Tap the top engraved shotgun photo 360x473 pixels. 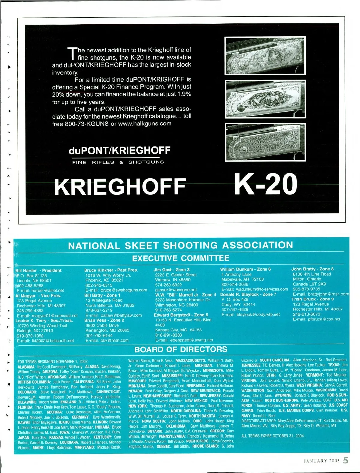pyautogui.click(x=265, y=56)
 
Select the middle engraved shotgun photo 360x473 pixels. pyautogui.click(x=265, y=99)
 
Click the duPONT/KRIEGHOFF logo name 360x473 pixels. pyautogui.click(x=119, y=150)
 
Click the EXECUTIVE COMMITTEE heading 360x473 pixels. pyautogui.click(x=181, y=258)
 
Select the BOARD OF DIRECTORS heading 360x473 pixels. pyautogui.click(x=181, y=349)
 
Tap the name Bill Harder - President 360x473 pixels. pyautogui.click(x=38, y=270)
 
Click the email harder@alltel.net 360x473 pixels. pyautogui.click(x=40, y=291)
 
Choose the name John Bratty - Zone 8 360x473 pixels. pyautogui.click(x=312, y=269)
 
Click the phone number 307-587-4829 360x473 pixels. pyautogui.click(x=235, y=309)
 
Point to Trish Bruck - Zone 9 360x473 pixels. pyautogui.click(x=312, y=299)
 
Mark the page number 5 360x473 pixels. pyautogui.click(x=346, y=460)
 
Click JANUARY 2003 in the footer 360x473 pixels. pyautogui.click(x=321, y=461)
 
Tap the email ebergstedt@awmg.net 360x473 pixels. pyautogui.click(x=184, y=340)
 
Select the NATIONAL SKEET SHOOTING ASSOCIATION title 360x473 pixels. pyautogui.click(x=181, y=245)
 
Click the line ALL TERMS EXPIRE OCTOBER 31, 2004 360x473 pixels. pyautogui.click(x=273, y=436)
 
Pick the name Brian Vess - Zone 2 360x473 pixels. pyautogui.click(x=104, y=320)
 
